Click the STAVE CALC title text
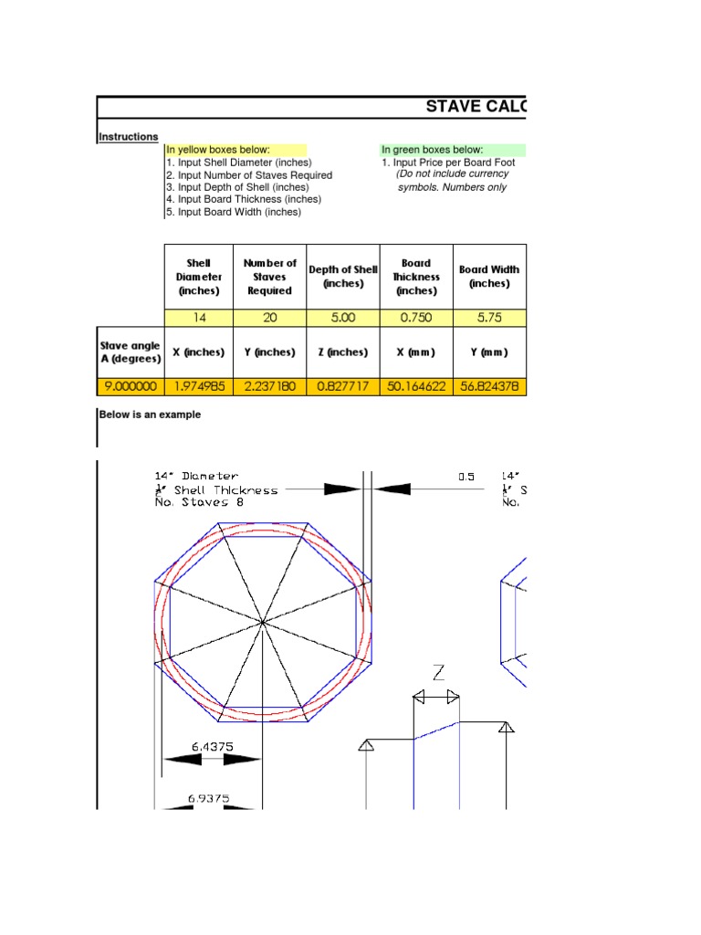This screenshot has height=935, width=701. (476, 107)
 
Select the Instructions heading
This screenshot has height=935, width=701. (129, 137)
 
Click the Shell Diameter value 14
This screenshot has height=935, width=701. (198, 318)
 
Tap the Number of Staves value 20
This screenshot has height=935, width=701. (269, 318)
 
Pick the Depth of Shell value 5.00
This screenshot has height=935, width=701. (342, 318)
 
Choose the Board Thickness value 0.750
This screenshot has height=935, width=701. (415, 318)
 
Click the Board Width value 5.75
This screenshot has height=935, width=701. (489, 318)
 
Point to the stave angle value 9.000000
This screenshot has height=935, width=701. (129, 386)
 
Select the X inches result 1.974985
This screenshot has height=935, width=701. (198, 386)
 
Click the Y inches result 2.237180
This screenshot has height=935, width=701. (269, 386)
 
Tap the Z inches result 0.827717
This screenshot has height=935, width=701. (342, 386)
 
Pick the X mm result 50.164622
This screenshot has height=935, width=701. (415, 386)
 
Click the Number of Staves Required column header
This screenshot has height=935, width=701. (269, 277)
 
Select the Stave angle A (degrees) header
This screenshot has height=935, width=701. (129, 352)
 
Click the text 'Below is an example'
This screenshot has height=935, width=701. (150, 415)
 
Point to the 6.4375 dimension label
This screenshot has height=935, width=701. (212, 746)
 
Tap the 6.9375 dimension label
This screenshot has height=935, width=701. (208, 798)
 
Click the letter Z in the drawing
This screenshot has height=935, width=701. (438, 674)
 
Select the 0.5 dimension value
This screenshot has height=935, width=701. (466, 477)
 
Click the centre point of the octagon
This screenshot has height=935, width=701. (263, 622)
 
